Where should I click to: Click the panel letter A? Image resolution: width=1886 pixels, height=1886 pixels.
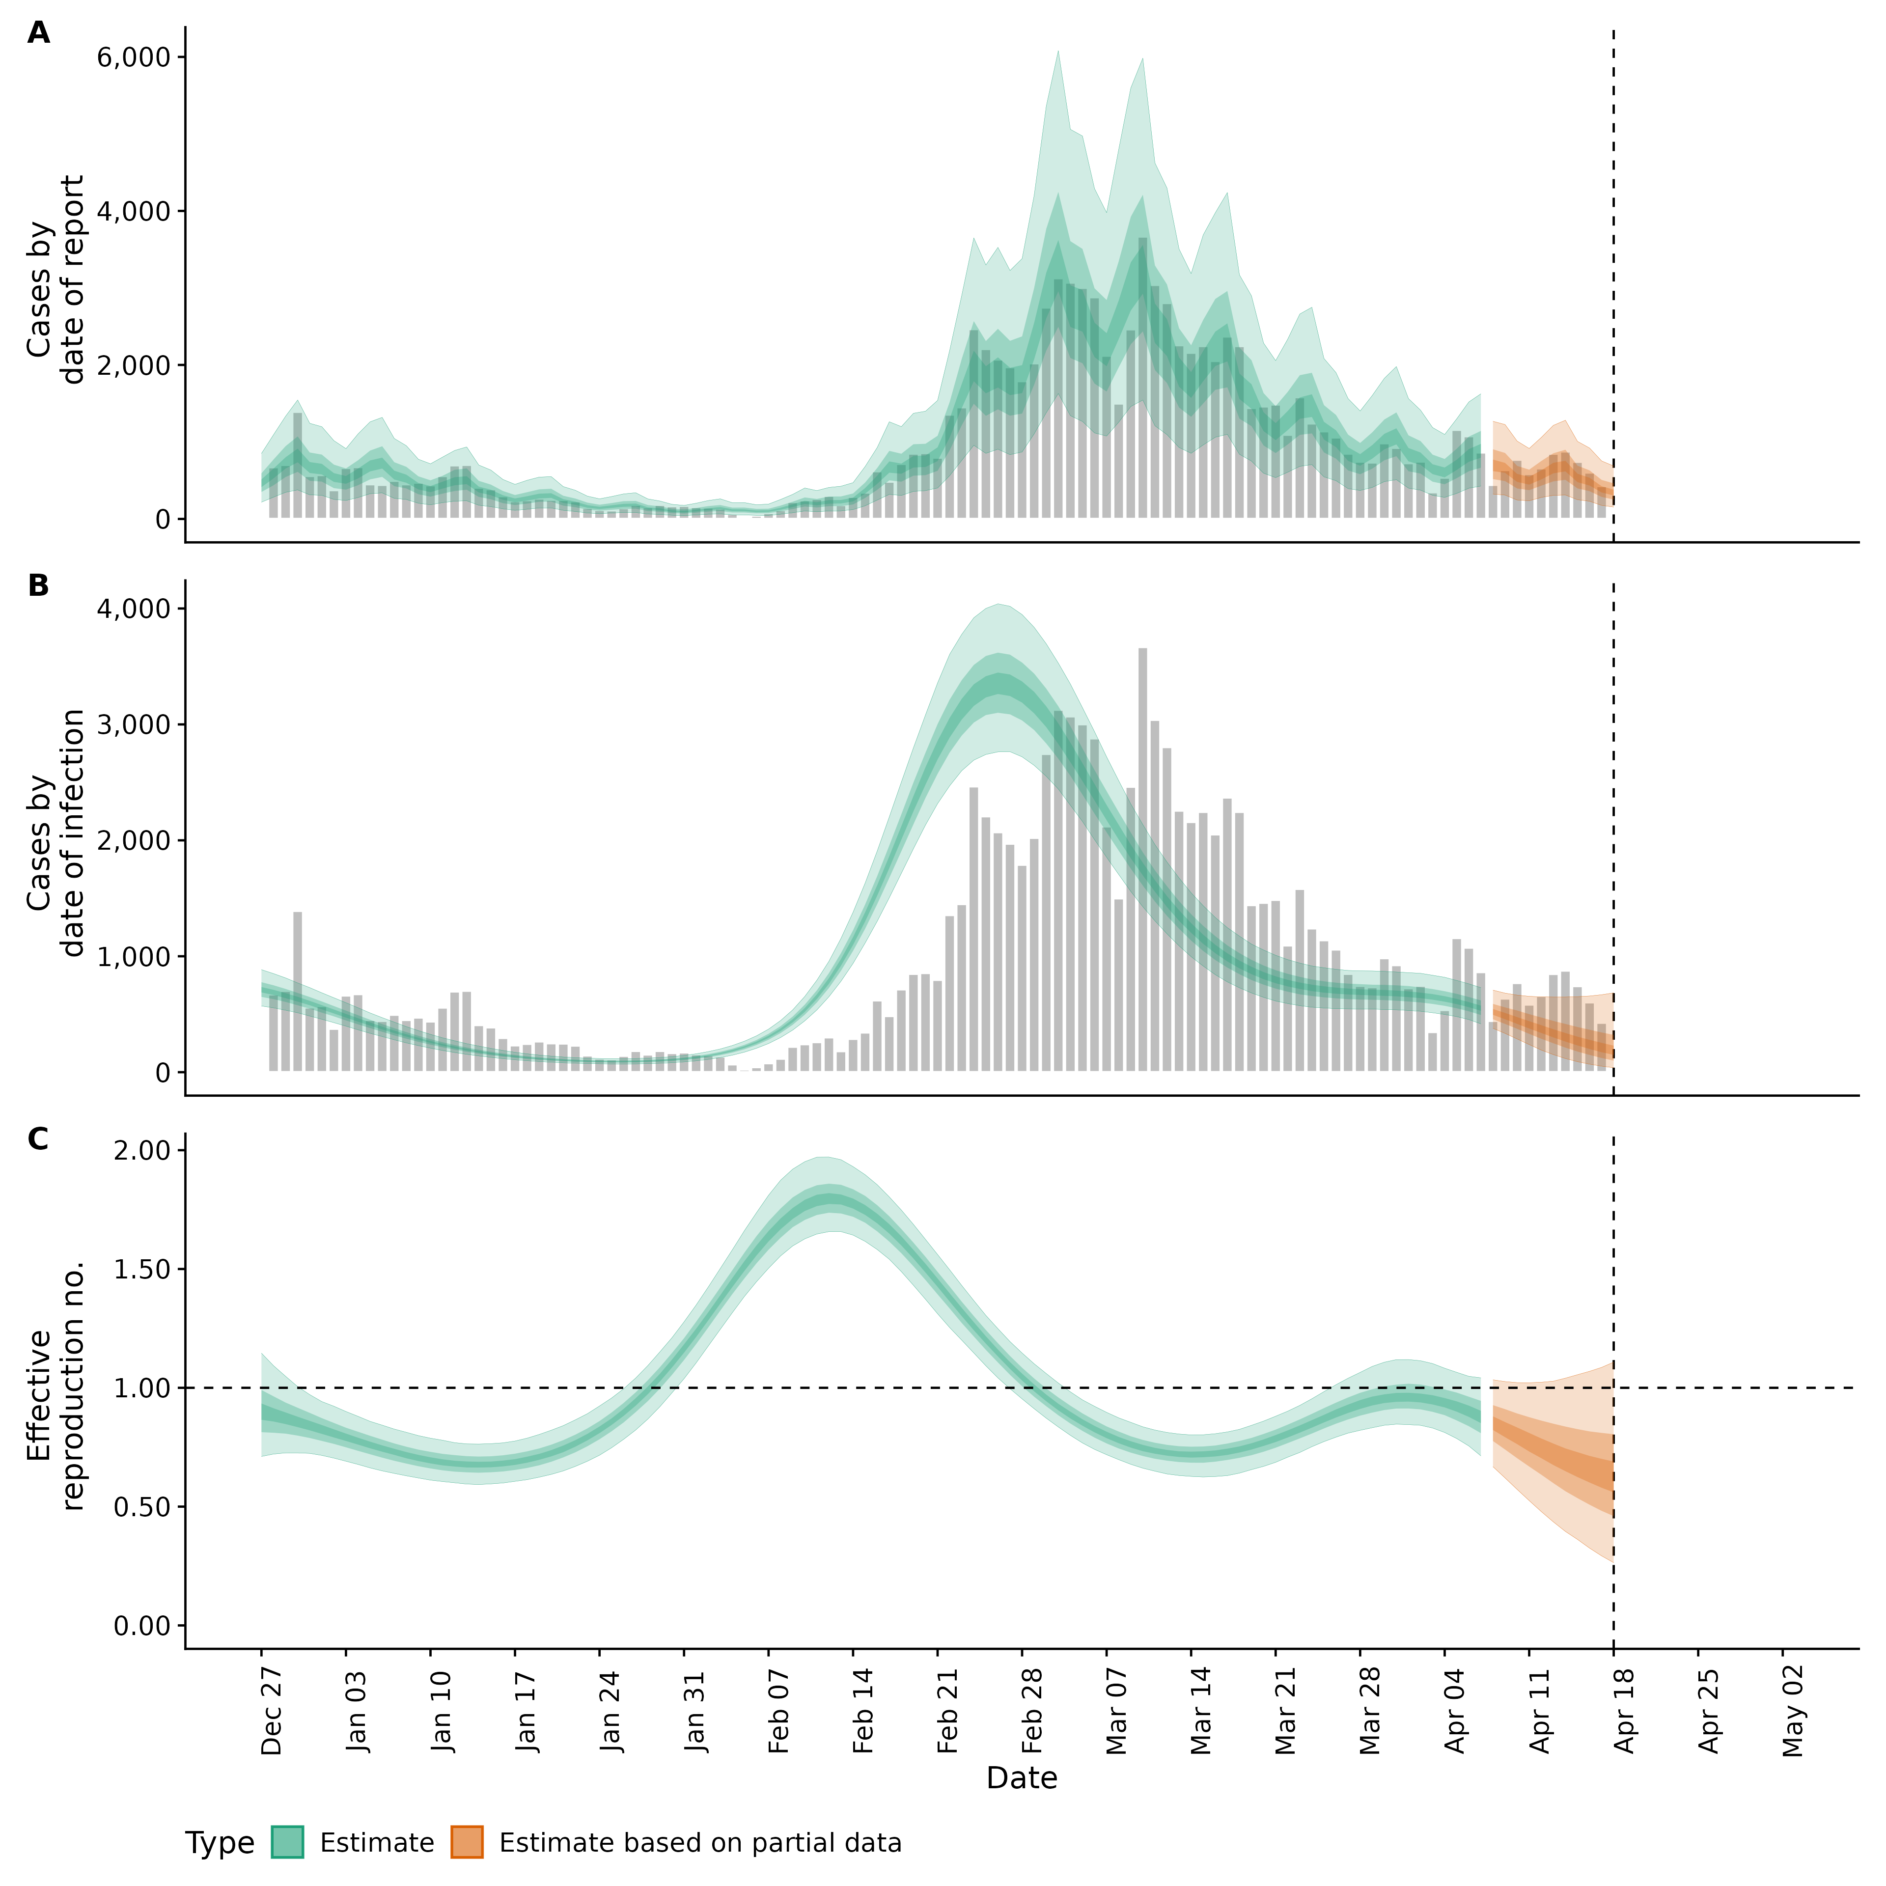click(x=38, y=33)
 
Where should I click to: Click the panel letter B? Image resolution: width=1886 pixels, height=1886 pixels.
click(x=38, y=586)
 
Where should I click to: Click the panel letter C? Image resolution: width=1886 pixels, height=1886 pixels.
click(x=38, y=1139)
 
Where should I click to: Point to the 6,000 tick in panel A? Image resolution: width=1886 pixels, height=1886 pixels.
click(x=134, y=56)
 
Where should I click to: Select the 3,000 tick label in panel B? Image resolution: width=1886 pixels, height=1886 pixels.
click(x=134, y=724)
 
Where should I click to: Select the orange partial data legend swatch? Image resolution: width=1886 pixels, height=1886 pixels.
click(x=467, y=1842)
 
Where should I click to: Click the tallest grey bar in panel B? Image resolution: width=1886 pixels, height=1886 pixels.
click(x=1142, y=859)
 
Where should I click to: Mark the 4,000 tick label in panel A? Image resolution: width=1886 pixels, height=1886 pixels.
click(x=134, y=211)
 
